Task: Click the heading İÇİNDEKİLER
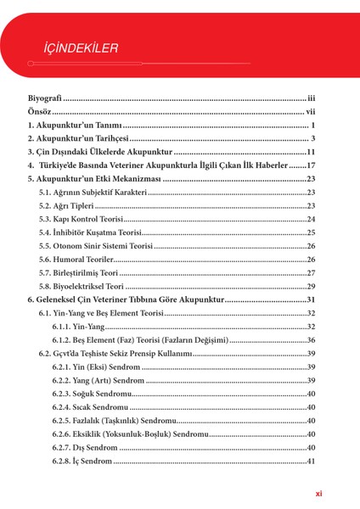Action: click(x=81, y=47)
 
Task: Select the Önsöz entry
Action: click(x=39, y=111)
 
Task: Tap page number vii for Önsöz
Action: click(x=311, y=111)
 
